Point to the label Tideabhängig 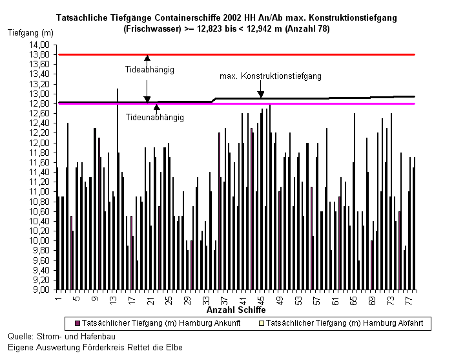point(150,70)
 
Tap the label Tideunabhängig point(154,118)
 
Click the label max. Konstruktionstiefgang point(271,76)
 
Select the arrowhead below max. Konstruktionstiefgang point(261,94)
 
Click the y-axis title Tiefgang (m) point(30,32)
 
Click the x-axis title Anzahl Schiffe point(236,310)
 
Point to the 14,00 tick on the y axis point(39,45)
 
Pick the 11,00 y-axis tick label point(39,191)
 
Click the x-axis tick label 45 point(261,301)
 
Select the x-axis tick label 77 point(409,301)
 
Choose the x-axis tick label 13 point(113,301)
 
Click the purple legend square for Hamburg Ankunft point(77,323)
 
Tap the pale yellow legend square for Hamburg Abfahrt point(262,323)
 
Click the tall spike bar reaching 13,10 point(118,189)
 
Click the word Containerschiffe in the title point(188,17)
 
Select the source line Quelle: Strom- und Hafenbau point(61,336)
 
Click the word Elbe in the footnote point(174,347)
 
